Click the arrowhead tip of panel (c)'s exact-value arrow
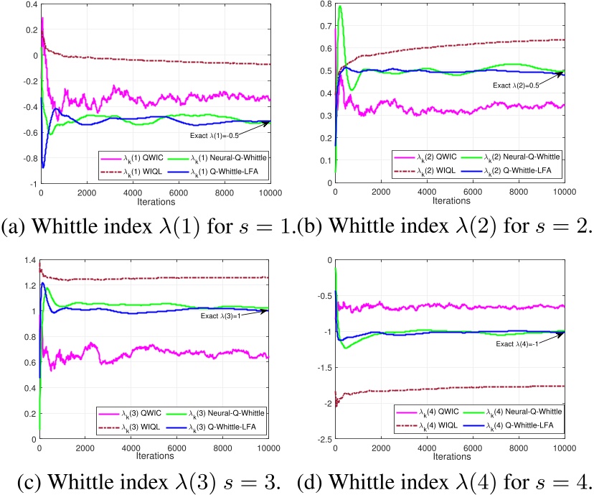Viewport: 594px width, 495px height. [268, 310]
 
